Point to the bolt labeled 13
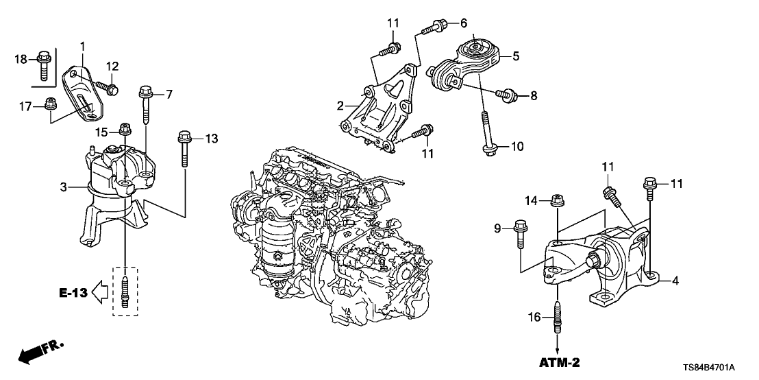(184, 147)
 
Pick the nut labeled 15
(125, 128)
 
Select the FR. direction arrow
(34, 353)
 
